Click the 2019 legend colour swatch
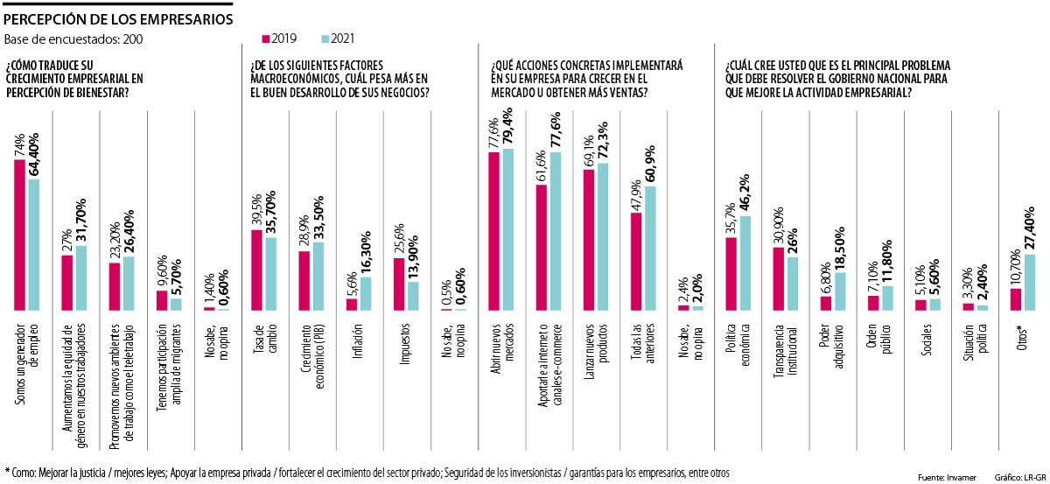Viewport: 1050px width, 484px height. tap(266, 39)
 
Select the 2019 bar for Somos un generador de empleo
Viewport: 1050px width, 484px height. tap(20, 235)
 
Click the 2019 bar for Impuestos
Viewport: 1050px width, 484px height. tap(398, 284)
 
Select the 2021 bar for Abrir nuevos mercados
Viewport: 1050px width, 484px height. tap(508, 229)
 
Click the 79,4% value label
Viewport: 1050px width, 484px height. tap(508, 129)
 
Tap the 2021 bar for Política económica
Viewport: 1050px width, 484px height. tap(745, 263)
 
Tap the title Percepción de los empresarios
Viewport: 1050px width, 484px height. tap(120, 16)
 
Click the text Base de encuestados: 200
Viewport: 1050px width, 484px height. tap(73, 39)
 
